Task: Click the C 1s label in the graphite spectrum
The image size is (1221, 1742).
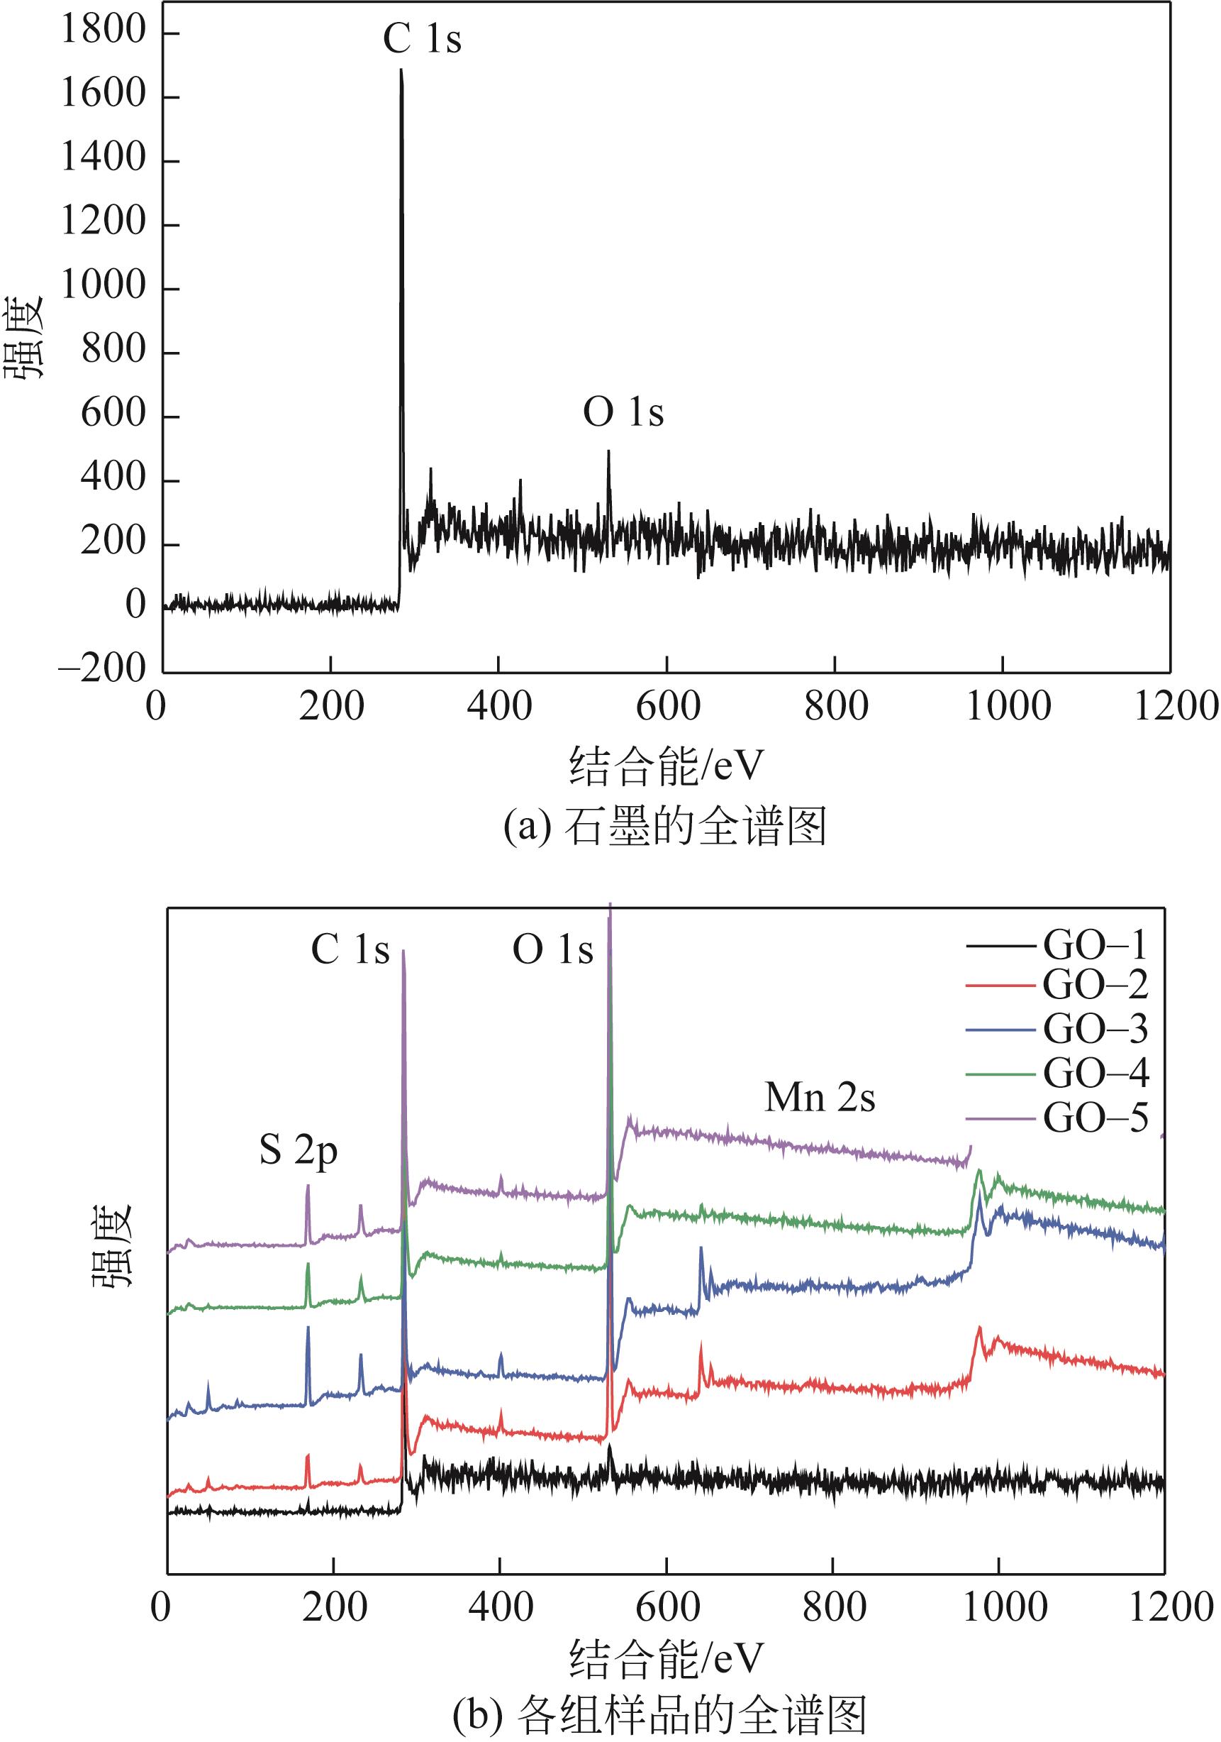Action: pyautogui.click(x=422, y=38)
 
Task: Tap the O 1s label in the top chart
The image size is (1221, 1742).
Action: pyautogui.click(x=623, y=412)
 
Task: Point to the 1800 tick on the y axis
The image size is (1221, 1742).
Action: pyautogui.click(x=103, y=31)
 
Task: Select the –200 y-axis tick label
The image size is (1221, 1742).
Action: pyautogui.click(x=101, y=668)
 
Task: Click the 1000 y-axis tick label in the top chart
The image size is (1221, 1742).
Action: pyautogui.click(x=103, y=286)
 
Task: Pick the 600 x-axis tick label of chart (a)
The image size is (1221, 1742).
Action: pyautogui.click(x=667, y=706)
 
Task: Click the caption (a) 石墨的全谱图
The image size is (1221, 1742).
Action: pyautogui.click(x=664, y=826)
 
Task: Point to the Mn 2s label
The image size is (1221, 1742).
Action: pyautogui.click(x=820, y=1098)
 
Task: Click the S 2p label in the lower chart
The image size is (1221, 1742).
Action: pyautogui.click(x=298, y=1151)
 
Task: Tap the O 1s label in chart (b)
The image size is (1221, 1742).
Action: pyautogui.click(x=552, y=949)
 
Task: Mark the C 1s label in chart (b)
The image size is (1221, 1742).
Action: pyautogui.click(x=350, y=949)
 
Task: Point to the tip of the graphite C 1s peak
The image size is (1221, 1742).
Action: pyautogui.click(x=401, y=70)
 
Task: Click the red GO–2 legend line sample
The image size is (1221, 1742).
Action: pyautogui.click(x=1000, y=986)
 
